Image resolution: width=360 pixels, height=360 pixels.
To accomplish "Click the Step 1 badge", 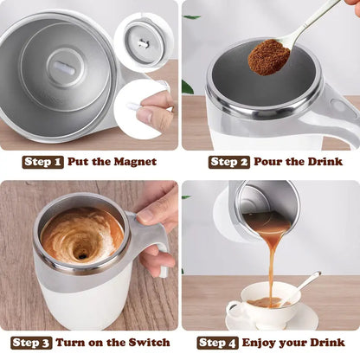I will coord(42,162).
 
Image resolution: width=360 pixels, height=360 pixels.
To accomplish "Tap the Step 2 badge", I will coord(229,162).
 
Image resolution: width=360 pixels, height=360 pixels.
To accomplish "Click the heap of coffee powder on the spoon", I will coord(268,57).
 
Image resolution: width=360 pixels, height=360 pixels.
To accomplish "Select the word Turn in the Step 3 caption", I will coord(76,342).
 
